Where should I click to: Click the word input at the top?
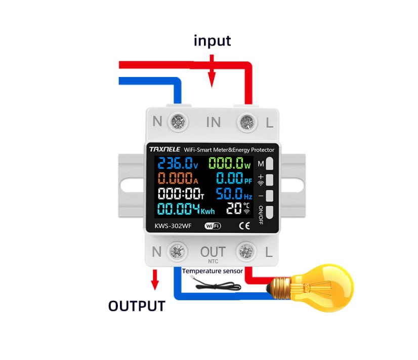tap(212, 41)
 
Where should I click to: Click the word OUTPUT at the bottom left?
tap(136, 306)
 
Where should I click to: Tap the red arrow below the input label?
tap(212, 74)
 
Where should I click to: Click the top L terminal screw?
tap(246, 122)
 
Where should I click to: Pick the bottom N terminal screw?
tap(178, 251)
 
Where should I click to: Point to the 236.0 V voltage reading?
tap(177, 164)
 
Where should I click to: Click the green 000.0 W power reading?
tap(230, 164)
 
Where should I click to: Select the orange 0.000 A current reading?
tap(177, 179)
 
